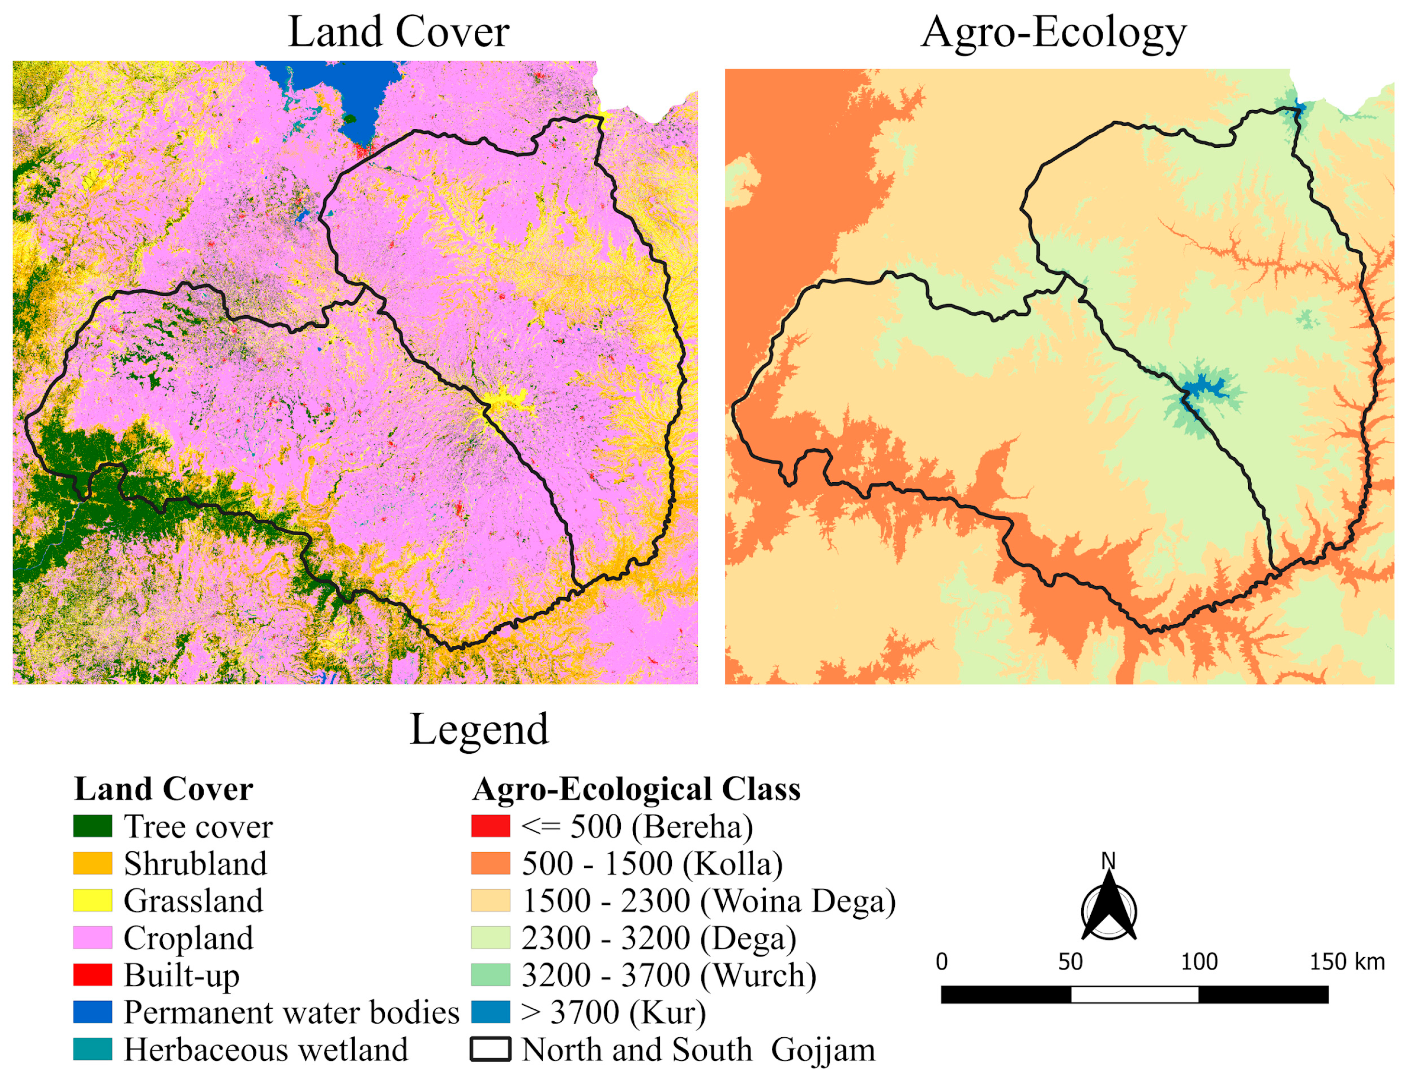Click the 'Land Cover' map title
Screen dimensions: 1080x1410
point(398,32)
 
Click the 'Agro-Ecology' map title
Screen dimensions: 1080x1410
point(1053,32)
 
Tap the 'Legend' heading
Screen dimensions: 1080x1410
point(479,730)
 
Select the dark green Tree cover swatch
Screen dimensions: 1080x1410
point(92,826)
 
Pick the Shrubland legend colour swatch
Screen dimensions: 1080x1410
point(92,863)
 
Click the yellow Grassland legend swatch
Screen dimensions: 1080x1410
point(92,900)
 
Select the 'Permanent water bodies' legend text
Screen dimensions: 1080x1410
point(291,1013)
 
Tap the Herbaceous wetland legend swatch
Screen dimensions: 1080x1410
point(92,1049)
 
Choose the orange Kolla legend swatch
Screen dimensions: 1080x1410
point(490,863)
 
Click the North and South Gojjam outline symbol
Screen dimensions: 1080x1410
point(490,1049)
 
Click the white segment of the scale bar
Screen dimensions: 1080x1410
point(1134,994)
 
